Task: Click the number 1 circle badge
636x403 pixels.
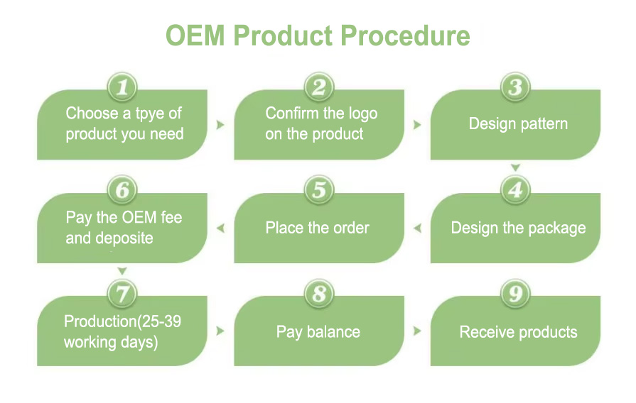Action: pos(122,87)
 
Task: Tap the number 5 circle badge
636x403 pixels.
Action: pos(319,190)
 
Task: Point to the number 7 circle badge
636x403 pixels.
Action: pos(122,293)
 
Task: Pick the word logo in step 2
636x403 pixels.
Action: pos(361,114)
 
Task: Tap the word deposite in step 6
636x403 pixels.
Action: pos(123,238)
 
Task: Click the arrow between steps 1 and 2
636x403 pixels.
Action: pos(220,125)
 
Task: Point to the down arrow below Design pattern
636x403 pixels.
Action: pos(516,168)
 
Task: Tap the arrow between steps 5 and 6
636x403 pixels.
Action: pos(220,228)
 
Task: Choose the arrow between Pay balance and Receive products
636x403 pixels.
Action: pos(417,331)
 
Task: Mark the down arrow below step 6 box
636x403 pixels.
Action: pos(122,271)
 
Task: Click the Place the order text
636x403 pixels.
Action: pos(318,228)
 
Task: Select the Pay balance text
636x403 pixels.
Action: pos(318,332)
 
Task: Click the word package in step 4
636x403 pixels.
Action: pos(558,228)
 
